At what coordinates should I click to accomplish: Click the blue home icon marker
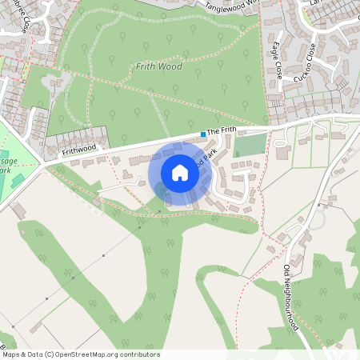tap(180, 173)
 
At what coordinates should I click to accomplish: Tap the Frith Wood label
tap(159, 66)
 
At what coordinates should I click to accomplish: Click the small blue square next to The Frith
tap(203, 134)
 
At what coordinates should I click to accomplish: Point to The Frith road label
tap(222, 130)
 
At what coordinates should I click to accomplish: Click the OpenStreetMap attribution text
tap(81, 354)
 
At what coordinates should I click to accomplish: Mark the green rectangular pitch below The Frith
tap(250, 146)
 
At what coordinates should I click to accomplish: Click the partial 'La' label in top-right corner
tap(314, 4)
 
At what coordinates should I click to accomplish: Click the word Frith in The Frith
tap(229, 130)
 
